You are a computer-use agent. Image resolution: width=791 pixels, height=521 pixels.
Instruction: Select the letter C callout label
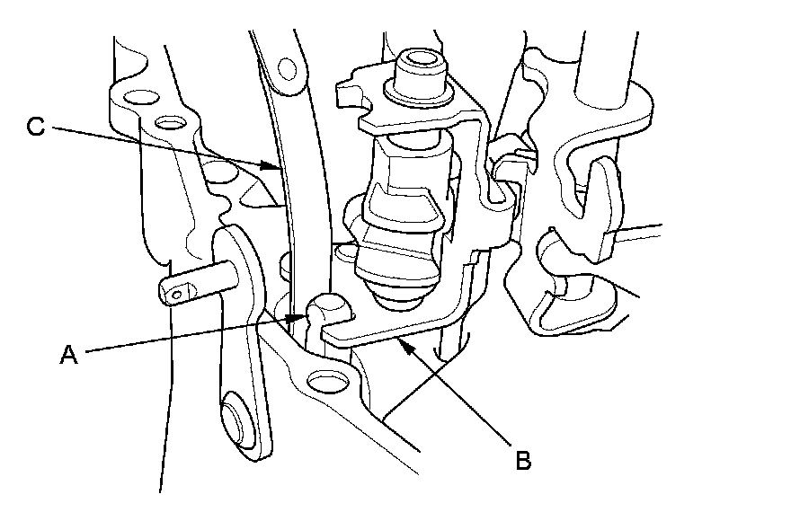[x=35, y=128]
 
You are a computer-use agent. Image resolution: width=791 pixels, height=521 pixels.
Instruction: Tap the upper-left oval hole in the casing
[x=138, y=96]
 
